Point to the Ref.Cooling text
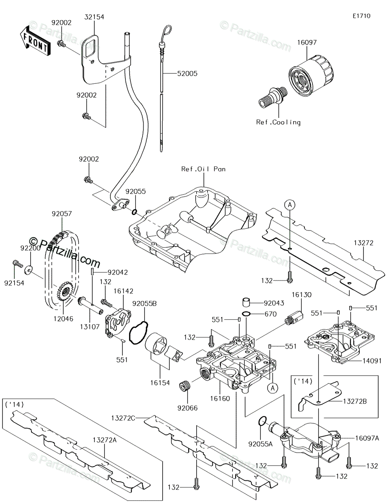pyautogui.click(x=278, y=122)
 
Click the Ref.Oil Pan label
pyautogui.click(x=203, y=169)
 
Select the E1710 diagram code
pyautogui.click(x=361, y=16)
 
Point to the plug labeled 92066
pyautogui.click(x=185, y=386)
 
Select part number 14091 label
pyautogui.click(x=372, y=360)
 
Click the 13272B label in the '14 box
pyautogui.click(x=355, y=401)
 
